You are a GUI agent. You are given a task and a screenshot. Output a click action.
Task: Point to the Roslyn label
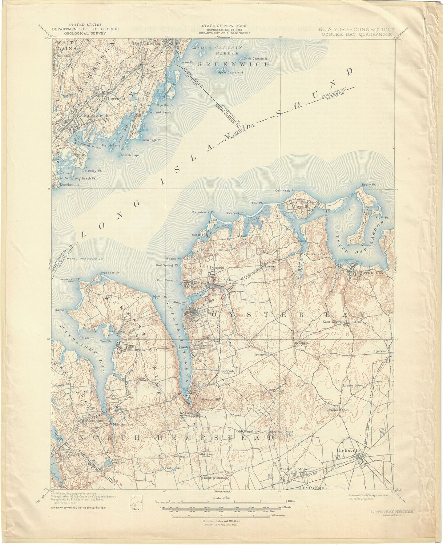click(186, 413)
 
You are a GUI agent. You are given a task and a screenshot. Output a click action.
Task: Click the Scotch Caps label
click(130, 155)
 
